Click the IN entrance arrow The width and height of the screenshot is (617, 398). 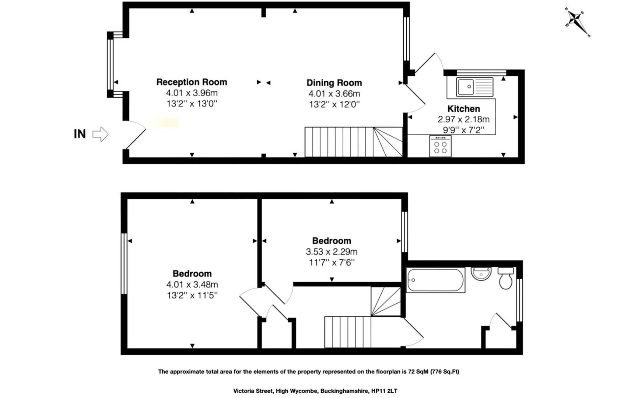(x=100, y=134)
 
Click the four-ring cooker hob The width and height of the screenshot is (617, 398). (x=440, y=146)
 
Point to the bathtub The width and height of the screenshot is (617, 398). (x=435, y=280)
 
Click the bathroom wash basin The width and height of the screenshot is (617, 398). (x=481, y=274)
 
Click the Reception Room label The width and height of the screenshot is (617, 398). (x=192, y=82)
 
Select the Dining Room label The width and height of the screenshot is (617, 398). (x=334, y=83)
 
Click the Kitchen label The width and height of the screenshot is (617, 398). (x=463, y=109)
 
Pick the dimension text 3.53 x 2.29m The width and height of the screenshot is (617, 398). (x=332, y=252)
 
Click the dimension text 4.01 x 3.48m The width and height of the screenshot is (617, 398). (x=192, y=284)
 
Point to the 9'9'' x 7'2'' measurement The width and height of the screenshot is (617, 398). (x=463, y=130)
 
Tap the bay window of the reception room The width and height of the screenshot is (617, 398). (x=110, y=64)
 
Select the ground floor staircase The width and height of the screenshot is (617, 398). (x=353, y=142)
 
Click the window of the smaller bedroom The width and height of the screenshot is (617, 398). (x=404, y=231)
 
